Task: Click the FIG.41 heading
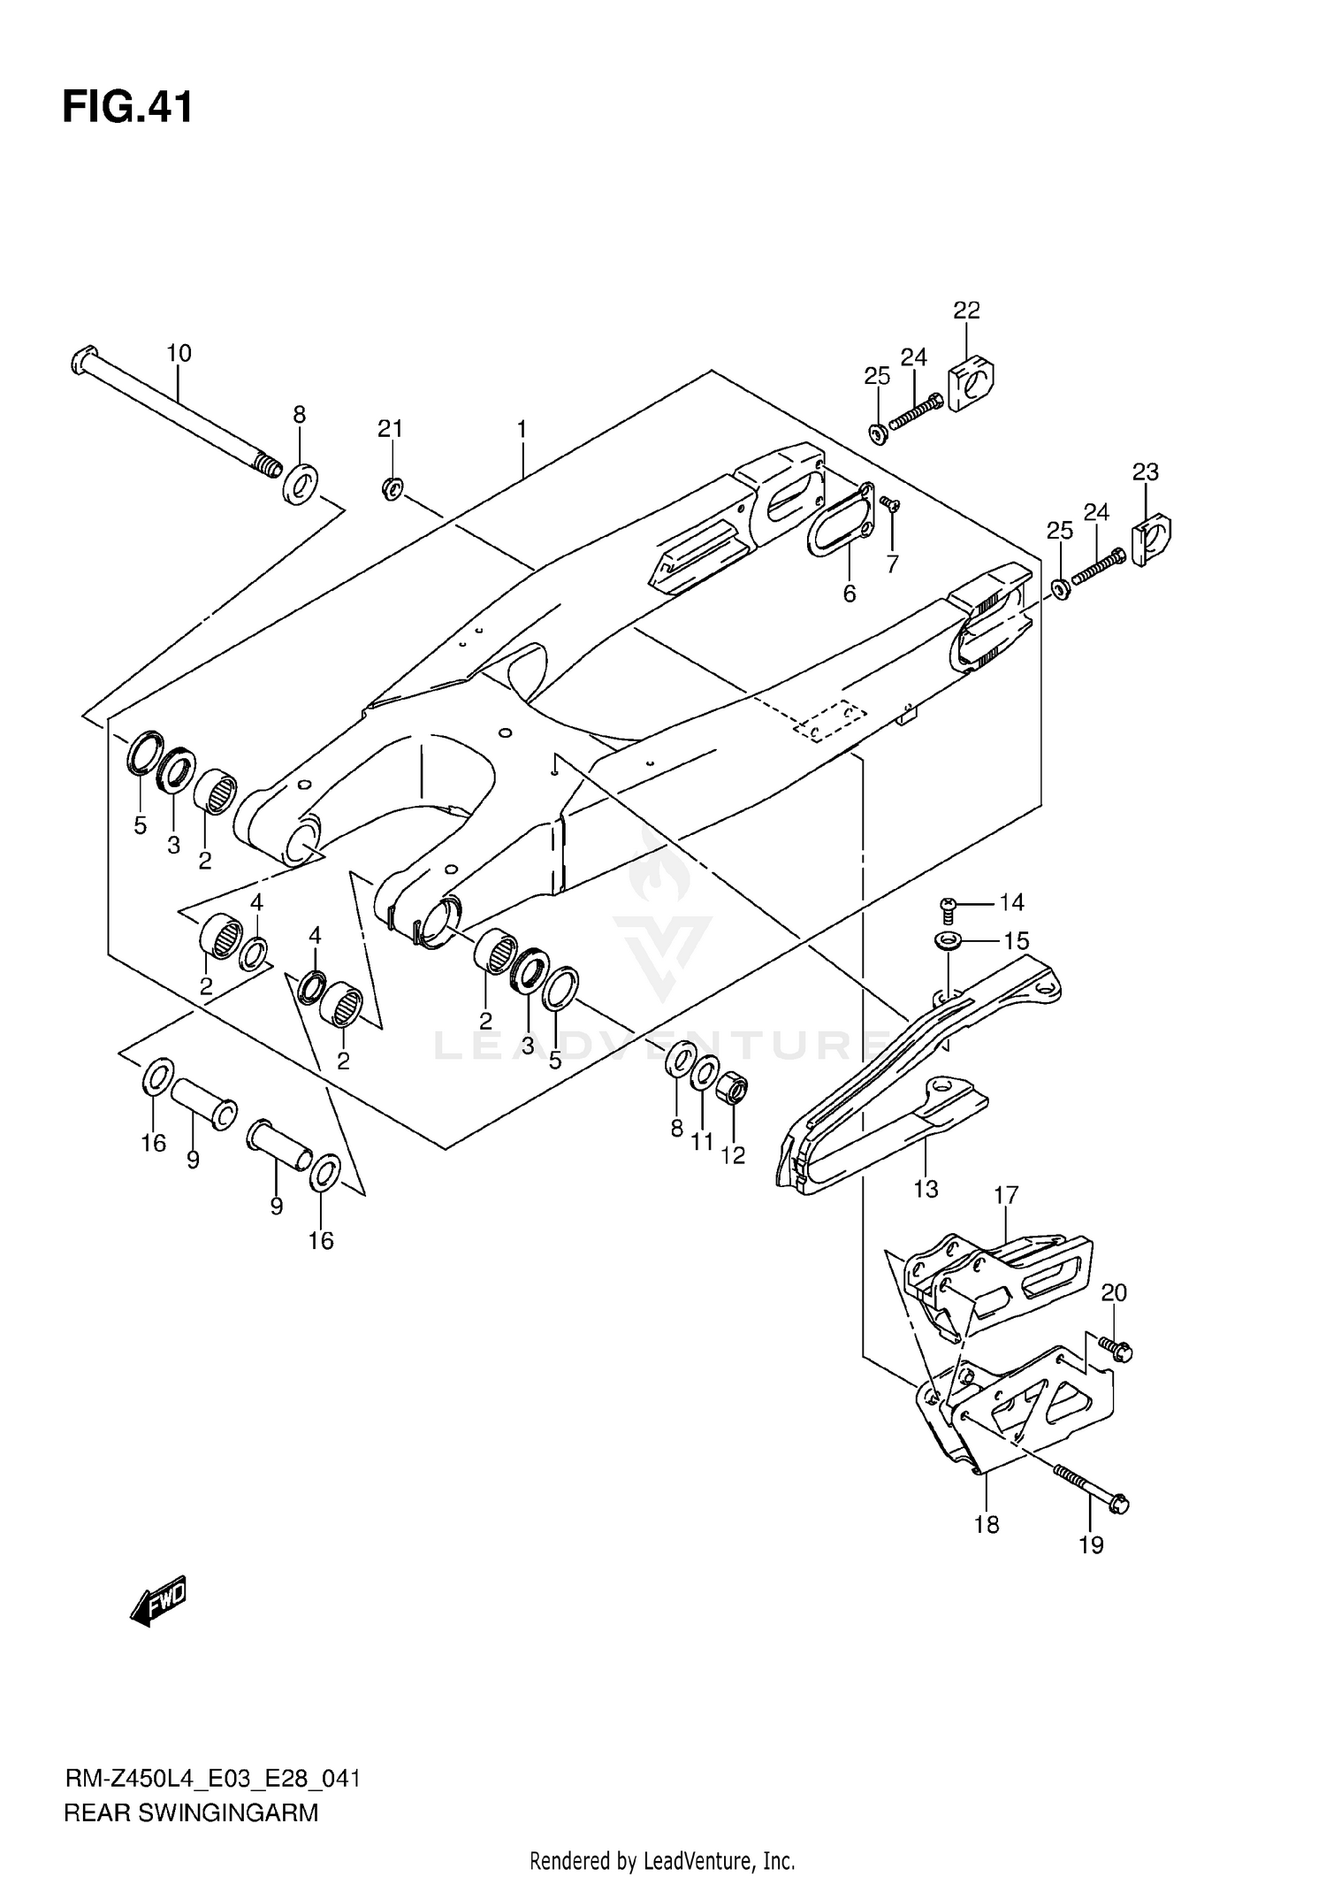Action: point(127,108)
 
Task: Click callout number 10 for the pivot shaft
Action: point(179,353)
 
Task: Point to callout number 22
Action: point(966,310)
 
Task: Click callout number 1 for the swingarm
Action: point(522,430)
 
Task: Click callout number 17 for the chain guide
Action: point(1006,1196)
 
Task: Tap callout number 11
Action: point(702,1142)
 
